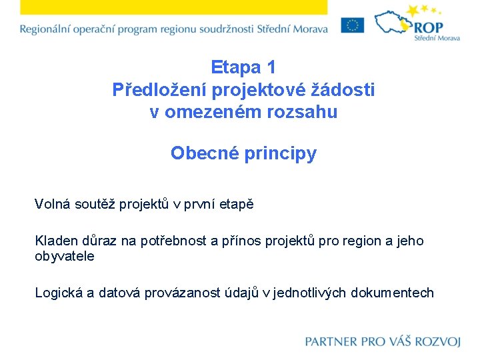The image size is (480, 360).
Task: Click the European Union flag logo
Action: [x=352, y=25]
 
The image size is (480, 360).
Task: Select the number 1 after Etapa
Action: [x=271, y=67]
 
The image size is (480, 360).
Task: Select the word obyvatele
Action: [x=65, y=256]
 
